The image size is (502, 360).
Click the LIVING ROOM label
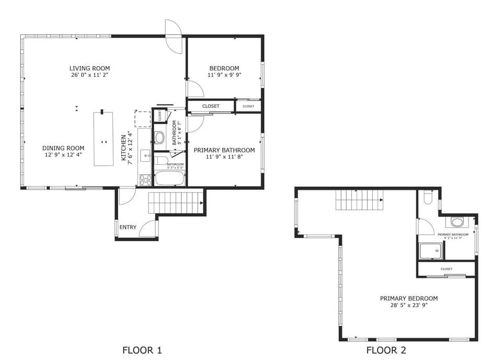[x=89, y=69]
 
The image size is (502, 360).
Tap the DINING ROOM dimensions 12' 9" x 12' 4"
[x=63, y=155]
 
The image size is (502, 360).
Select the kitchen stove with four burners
[x=145, y=180]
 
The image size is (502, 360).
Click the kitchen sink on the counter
[x=145, y=155]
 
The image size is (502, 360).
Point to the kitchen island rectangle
[x=104, y=139]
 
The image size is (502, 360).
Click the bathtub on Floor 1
[x=170, y=178]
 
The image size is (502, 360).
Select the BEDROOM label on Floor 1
[x=224, y=69]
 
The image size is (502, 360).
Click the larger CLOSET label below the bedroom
[x=211, y=106]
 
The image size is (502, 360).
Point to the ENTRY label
[x=128, y=227]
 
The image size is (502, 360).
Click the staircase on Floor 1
[x=176, y=203]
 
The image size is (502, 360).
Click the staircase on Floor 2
[x=359, y=199]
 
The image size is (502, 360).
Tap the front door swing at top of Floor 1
[x=173, y=37]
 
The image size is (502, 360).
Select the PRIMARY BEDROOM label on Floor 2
[x=408, y=298]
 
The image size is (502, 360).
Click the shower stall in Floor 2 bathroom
[x=431, y=251]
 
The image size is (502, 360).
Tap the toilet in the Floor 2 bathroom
[x=428, y=197]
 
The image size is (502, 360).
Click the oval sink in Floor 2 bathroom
[x=457, y=222]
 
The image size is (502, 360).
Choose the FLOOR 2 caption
[x=386, y=350]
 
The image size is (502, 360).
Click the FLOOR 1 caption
[x=142, y=350]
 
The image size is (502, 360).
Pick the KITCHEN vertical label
[x=124, y=148]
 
